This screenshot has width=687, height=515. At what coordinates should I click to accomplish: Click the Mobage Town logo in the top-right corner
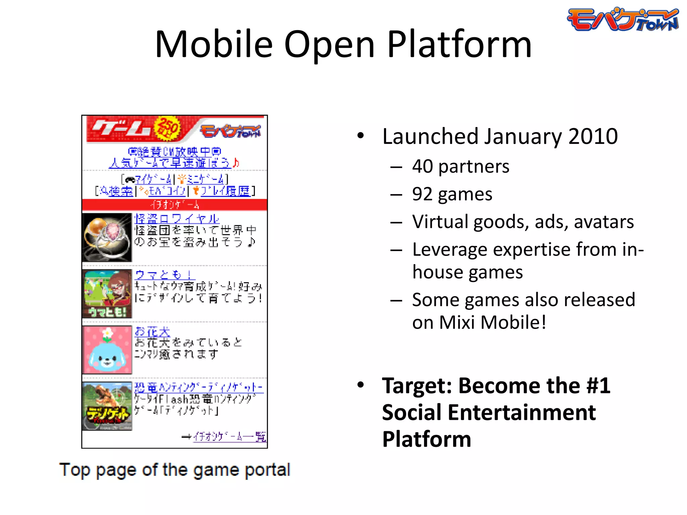pos(623,19)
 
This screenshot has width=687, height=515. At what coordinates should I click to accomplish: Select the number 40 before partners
pos(422,166)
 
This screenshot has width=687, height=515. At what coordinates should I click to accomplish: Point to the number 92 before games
pos(422,194)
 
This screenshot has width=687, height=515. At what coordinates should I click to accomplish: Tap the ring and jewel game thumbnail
pos(107,237)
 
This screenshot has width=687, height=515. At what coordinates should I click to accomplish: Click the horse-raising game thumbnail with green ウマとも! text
pos(107,294)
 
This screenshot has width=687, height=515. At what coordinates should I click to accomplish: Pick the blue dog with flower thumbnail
pos(107,350)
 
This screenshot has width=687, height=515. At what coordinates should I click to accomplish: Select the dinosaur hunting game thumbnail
pos(107,406)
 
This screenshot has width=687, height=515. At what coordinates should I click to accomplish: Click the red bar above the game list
pos(174,205)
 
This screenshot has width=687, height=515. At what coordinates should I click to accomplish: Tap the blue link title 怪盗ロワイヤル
pos(176,219)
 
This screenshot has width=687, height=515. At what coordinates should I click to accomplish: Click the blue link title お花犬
pos(152,332)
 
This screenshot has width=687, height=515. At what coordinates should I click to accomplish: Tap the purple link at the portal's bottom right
pos(229,437)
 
